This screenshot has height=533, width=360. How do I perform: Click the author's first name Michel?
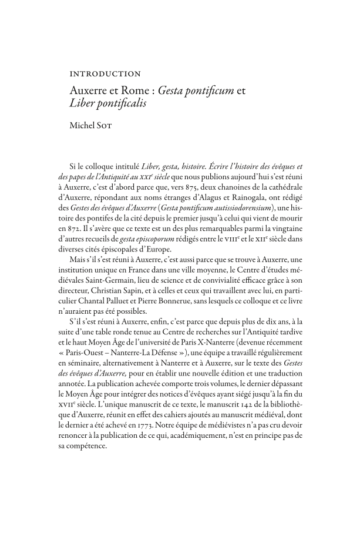tap(85, 125)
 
